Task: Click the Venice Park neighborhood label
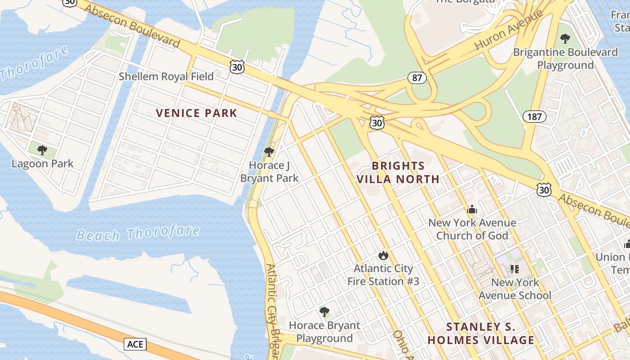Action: (x=196, y=113)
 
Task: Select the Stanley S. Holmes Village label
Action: (x=481, y=333)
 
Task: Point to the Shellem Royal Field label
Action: (x=166, y=76)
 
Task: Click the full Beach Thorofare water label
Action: (x=138, y=234)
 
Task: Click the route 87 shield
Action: (x=417, y=78)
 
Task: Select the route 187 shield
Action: (x=534, y=117)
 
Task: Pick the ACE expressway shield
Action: (x=135, y=345)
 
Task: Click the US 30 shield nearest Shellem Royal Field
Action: (x=237, y=67)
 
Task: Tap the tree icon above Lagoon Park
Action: (x=42, y=150)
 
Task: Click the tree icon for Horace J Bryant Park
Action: (x=269, y=152)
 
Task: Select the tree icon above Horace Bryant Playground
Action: (x=324, y=312)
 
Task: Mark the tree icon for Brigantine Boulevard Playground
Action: (x=565, y=39)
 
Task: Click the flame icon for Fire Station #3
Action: (x=383, y=256)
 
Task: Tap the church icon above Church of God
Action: (x=472, y=209)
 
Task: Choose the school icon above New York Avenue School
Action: (x=515, y=269)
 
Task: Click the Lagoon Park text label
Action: (x=42, y=163)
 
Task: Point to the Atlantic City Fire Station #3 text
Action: (x=383, y=275)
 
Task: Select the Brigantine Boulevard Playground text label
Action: (x=566, y=58)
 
